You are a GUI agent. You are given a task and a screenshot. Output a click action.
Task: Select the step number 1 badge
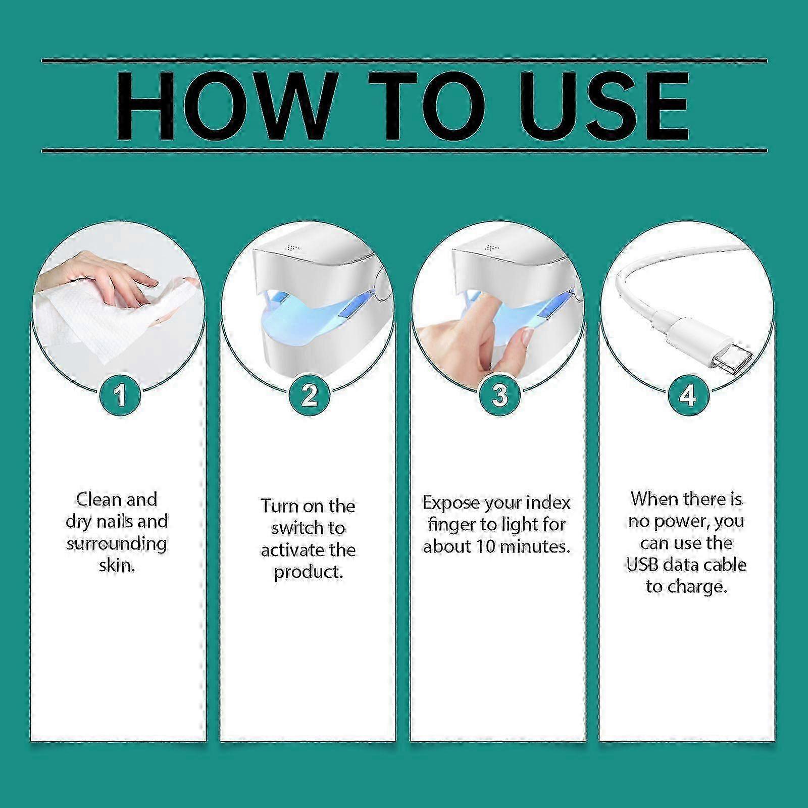point(120,394)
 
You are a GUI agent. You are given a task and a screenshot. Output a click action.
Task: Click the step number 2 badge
point(309,394)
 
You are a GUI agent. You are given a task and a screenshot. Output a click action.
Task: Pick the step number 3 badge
point(499,394)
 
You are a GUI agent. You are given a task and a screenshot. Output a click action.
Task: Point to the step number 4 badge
point(687,394)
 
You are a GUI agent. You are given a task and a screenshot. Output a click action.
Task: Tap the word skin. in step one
point(117,565)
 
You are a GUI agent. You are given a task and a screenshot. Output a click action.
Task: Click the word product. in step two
point(309,573)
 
